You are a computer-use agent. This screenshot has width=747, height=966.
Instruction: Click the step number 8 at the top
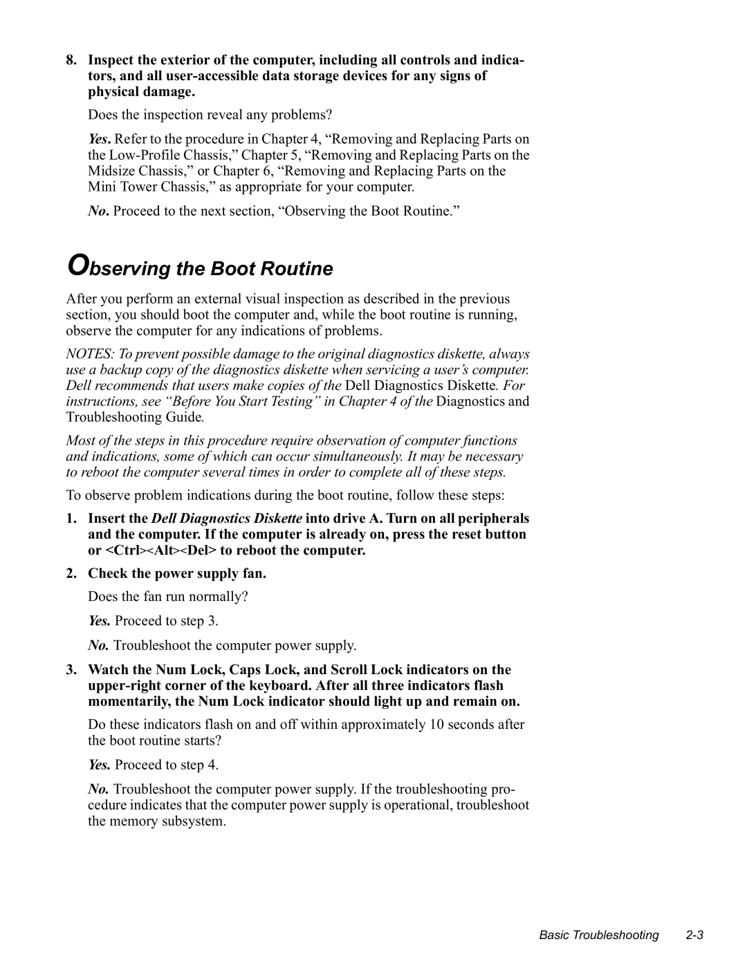coord(71,60)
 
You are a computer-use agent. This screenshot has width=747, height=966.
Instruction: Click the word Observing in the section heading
coord(118,268)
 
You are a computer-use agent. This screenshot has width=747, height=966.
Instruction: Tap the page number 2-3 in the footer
coord(694,935)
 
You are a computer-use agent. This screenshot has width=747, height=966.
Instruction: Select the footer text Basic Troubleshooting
coord(598,935)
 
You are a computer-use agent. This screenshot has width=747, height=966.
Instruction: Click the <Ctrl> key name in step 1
coord(124,550)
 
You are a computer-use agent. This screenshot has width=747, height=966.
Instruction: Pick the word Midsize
coord(110,171)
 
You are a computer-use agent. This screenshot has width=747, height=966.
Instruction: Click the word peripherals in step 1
coord(497,518)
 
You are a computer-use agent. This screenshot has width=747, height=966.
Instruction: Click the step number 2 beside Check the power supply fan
coord(71,573)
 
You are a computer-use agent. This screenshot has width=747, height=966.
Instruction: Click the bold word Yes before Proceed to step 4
coord(99,765)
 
